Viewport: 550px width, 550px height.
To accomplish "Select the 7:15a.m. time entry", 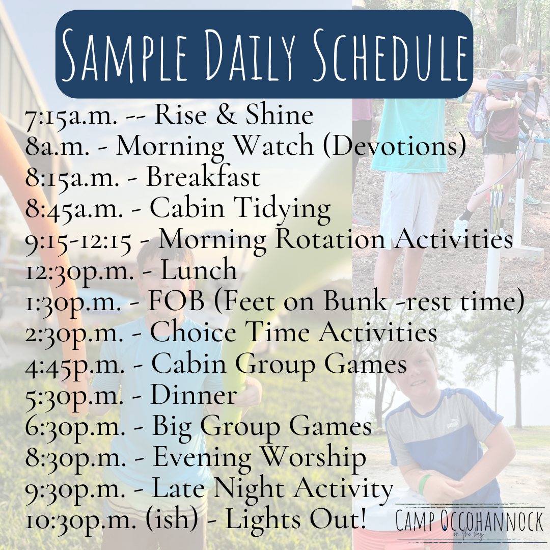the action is point(71,116).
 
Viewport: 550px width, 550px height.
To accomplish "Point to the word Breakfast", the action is point(203,176).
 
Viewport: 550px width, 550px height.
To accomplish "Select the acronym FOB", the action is point(176,301).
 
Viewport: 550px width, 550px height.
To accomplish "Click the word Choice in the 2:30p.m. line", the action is point(193,332).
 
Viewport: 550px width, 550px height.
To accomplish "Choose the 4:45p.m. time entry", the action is point(75,364).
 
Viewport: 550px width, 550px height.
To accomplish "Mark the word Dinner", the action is point(194,395).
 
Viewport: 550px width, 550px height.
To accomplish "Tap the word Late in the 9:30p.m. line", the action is point(180,487).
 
